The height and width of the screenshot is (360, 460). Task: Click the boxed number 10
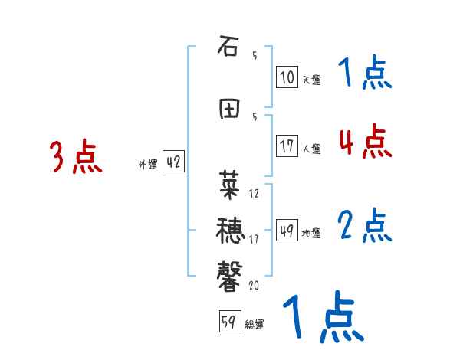(x=287, y=77)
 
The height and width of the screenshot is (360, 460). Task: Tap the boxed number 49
(x=287, y=231)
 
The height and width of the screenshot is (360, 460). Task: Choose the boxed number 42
(x=173, y=162)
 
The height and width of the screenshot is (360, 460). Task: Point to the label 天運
(x=311, y=79)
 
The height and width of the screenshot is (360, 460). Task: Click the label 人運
(x=311, y=149)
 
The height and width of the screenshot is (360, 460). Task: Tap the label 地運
(x=311, y=233)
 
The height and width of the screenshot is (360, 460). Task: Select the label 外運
(x=147, y=164)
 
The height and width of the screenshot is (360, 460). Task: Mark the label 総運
(x=255, y=324)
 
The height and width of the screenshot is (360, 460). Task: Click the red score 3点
(x=76, y=158)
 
